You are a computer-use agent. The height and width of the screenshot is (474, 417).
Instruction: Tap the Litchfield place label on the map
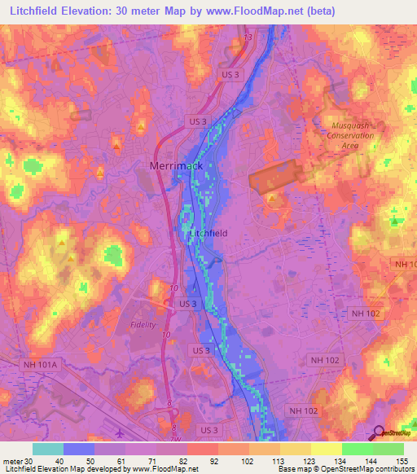(208, 233)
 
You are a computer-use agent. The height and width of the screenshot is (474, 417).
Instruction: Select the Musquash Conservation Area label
(353, 136)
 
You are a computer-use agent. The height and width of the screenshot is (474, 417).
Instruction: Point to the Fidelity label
(142, 324)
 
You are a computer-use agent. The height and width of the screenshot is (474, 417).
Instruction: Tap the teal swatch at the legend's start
(47, 449)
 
